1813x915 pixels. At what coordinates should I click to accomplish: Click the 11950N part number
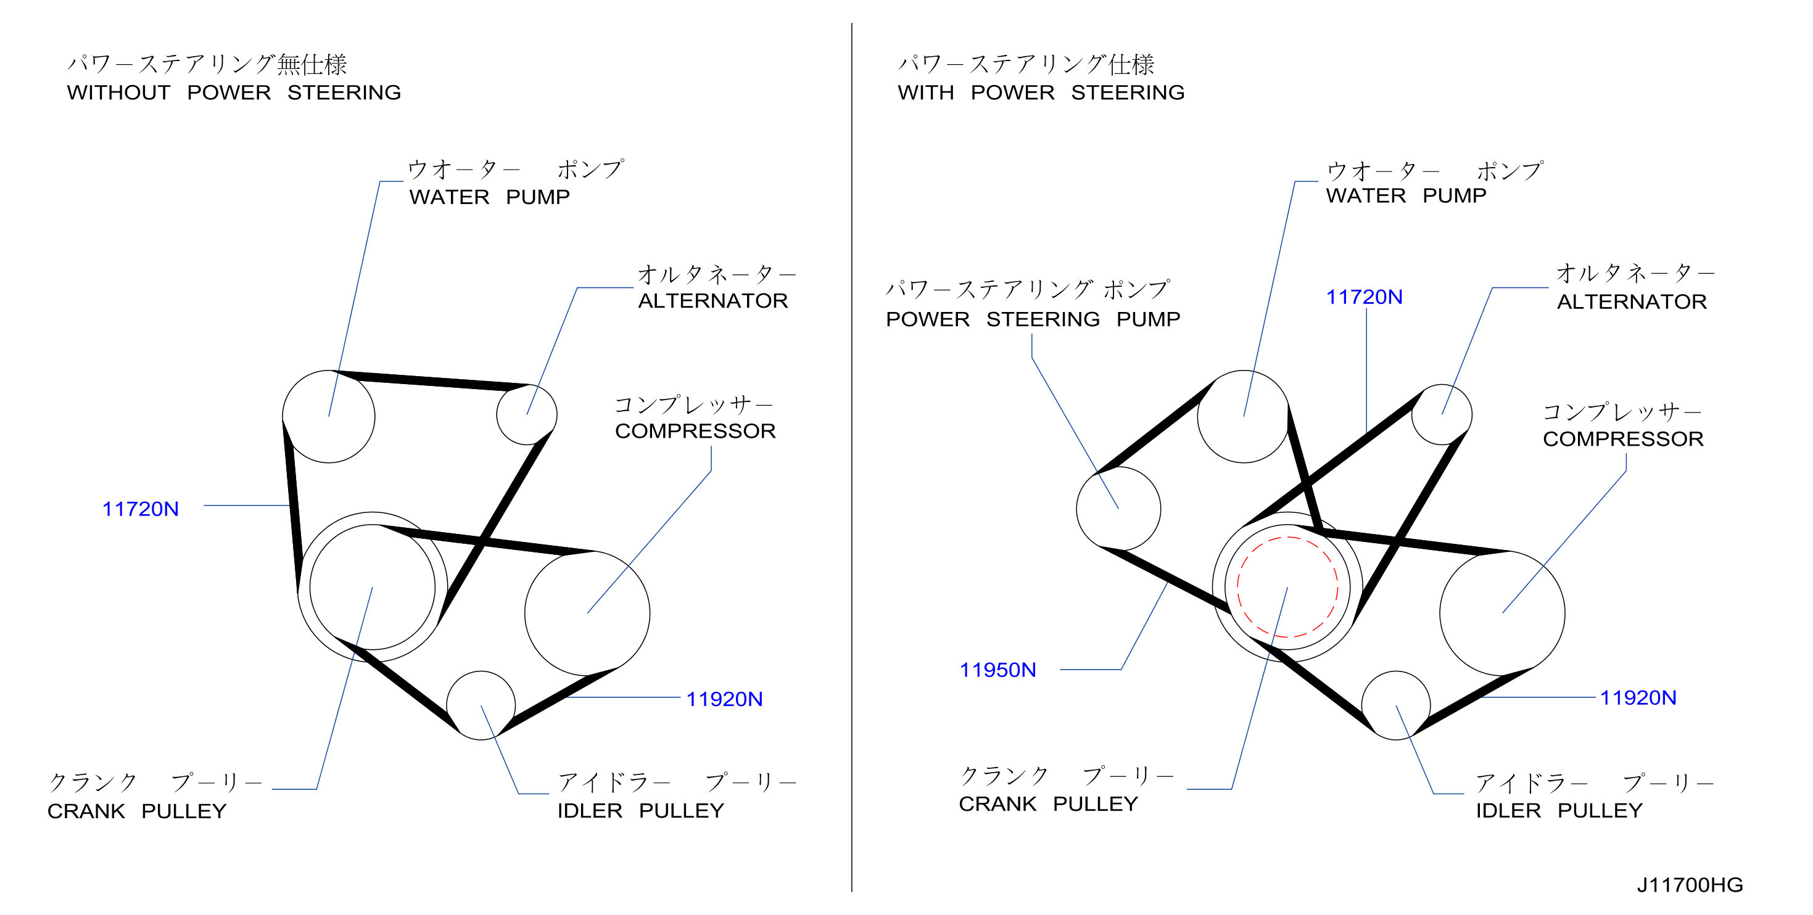[997, 670]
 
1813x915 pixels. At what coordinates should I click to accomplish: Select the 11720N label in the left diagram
[140, 509]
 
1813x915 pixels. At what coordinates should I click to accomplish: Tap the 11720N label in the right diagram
[1364, 297]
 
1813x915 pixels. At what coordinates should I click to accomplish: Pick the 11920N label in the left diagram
[724, 699]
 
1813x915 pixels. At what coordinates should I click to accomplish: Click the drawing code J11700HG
[1690, 885]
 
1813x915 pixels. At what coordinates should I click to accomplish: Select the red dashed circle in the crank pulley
[1287, 537]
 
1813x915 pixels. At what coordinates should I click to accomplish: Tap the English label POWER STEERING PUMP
[1033, 319]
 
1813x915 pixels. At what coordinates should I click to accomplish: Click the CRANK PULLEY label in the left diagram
[136, 811]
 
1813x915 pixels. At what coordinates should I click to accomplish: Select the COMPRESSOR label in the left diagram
[695, 431]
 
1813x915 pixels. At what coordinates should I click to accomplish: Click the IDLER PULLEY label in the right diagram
[1559, 810]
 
